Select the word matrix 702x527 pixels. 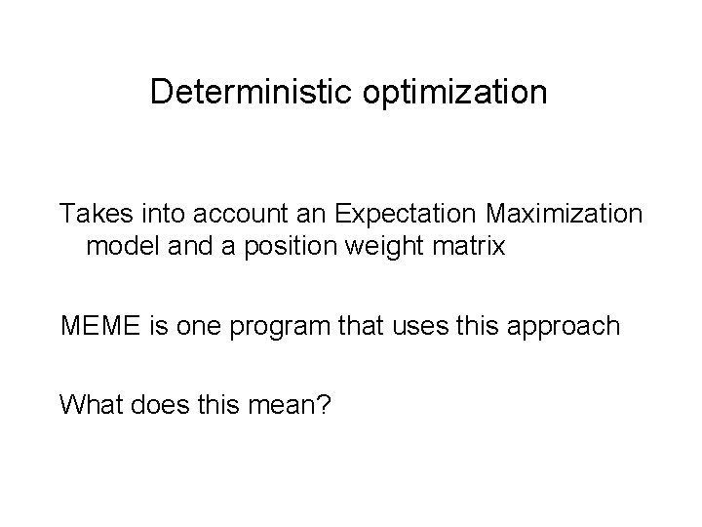pos(470,246)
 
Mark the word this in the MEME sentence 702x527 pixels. pos(487,325)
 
